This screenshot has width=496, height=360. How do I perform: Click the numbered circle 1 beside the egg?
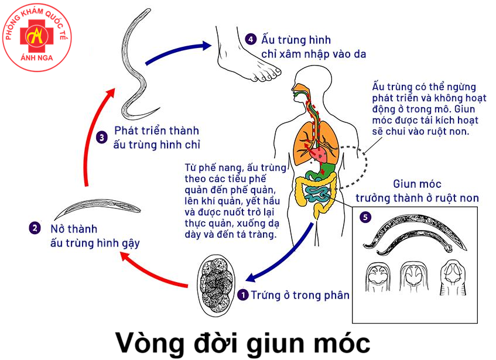(244, 295)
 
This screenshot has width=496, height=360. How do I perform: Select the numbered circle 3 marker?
(102, 138)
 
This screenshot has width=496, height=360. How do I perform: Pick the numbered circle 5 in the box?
(365, 217)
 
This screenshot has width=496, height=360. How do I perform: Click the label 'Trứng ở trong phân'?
(300, 295)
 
